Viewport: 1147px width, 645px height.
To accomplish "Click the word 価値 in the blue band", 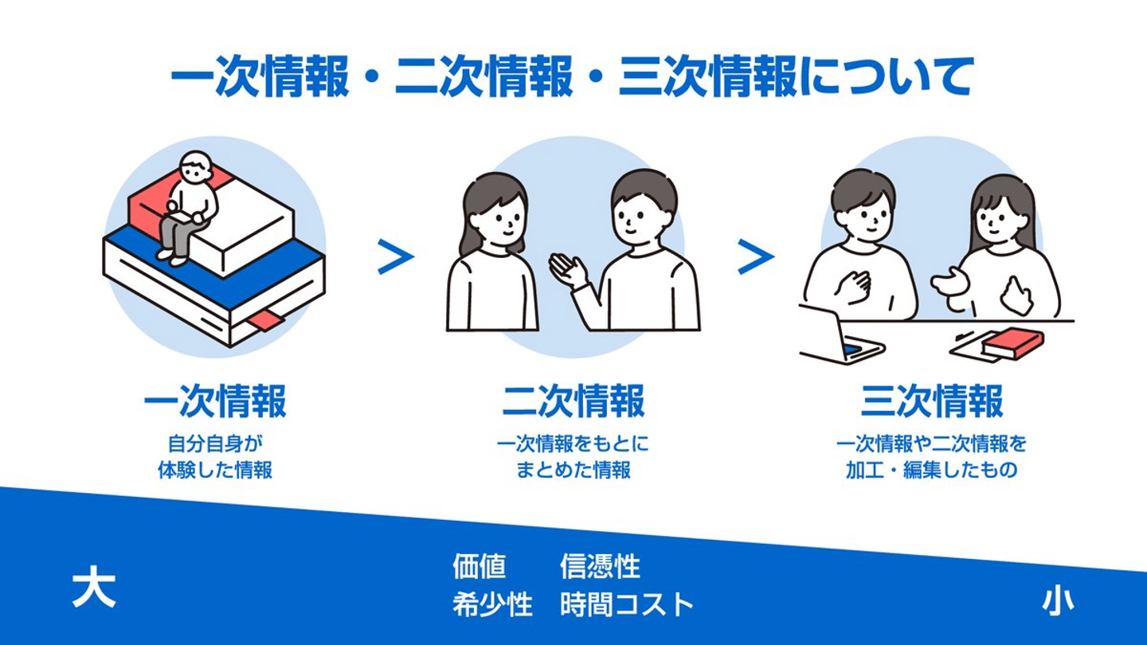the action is pos(480,566).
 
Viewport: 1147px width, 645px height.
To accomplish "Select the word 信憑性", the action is pos(600,566).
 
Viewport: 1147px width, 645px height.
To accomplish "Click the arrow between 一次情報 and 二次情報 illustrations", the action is pos(396,256).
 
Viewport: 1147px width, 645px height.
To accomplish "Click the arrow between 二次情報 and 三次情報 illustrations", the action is pos(756,256).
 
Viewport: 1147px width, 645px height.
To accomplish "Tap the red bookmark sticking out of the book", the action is pos(267,320).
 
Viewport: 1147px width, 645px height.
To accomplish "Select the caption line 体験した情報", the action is pos(215,470).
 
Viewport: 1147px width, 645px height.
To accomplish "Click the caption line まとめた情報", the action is pos(573,470).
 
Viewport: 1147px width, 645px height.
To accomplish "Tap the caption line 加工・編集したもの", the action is pos(931,470).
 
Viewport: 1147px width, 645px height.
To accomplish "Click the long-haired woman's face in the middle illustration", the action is pos(499,217).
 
